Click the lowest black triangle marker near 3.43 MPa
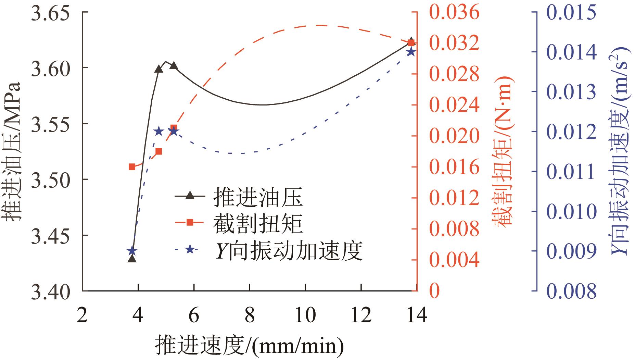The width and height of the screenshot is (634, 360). [132, 259]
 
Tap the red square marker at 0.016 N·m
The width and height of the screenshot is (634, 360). [132, 167]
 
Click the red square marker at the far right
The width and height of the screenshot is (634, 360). [411, 42]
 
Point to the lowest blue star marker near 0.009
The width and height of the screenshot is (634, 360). [132, 251]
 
